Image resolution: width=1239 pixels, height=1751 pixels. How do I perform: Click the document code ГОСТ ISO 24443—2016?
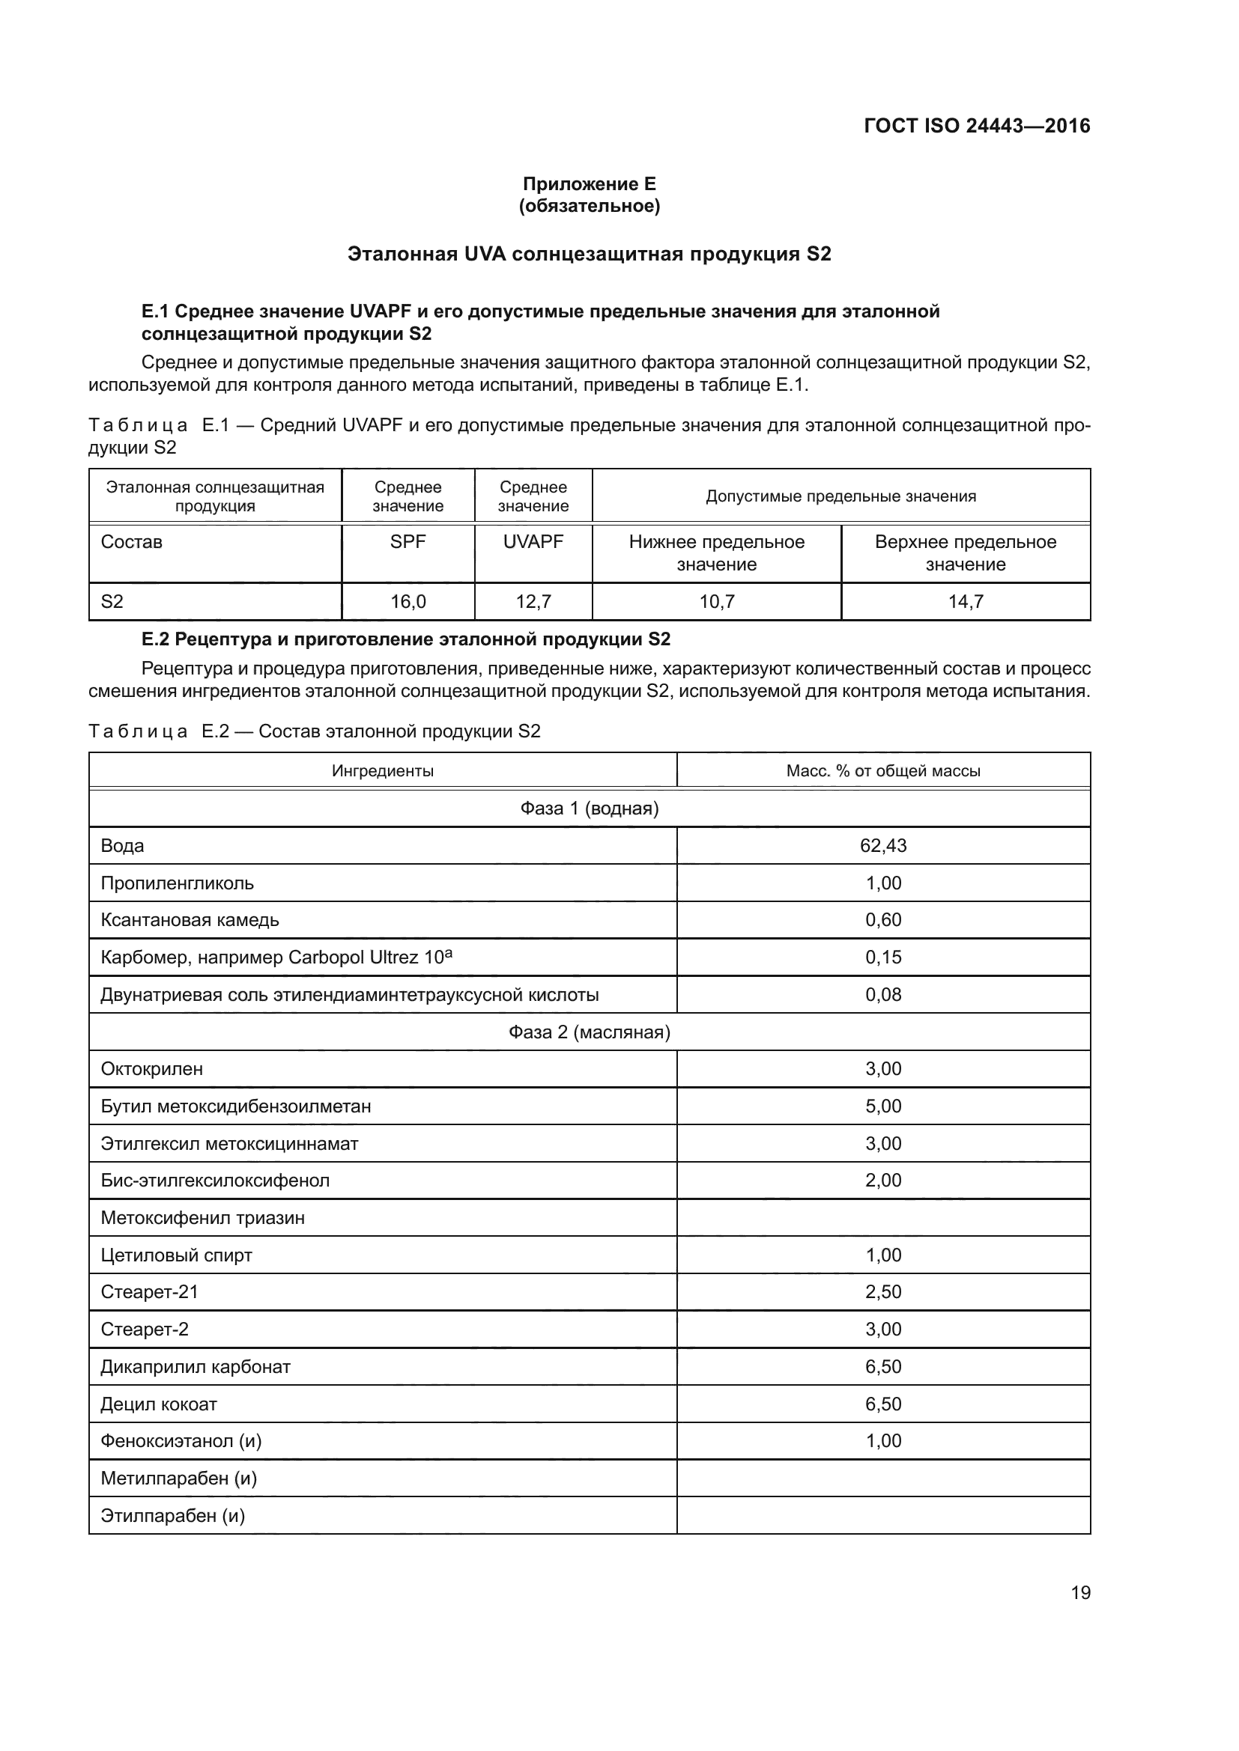pyautogui.click(x=977, y=126)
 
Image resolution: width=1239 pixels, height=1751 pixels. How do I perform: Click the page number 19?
pyautogui.click(x=1080, y=1592)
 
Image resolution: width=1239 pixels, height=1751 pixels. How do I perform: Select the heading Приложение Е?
pyautogui.click(x=589, y=184)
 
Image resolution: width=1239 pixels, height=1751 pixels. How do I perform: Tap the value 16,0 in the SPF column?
pyautogui.click(x=408, y=602)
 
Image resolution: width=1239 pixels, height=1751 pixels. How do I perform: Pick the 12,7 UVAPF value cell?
pyautogui.click(x=533, y=602)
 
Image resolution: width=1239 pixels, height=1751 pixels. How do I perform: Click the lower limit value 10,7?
pyautogui.click(x=716, y=602)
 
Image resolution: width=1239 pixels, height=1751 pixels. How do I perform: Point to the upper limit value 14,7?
pyautogui.click(x=965, y=602)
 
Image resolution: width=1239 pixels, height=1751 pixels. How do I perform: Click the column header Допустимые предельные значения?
pyautogui.click(x=840, y=496)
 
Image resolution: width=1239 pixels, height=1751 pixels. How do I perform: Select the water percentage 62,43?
pyautogui.click(x=882, y=846)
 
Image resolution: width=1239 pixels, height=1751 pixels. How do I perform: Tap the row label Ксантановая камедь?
pyautogui.click(x=190, y=920)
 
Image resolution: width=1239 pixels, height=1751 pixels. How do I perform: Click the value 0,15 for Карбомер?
pyautogui.click(x=882, y=957)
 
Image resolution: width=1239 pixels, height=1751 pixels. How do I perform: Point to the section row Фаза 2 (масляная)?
pyautogui.click(x=589, y=1032)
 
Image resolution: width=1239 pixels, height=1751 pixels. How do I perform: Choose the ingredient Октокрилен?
pyautogui.click(x=152, y=1069)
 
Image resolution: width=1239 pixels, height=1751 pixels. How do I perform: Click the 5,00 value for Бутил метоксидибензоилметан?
pyautogui.click(x=882, y=1106)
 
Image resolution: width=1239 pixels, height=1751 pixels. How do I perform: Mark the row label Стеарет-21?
pyautogui.click(x=150, y=1292)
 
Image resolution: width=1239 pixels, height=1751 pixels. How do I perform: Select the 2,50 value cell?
pyautogui.click(x=882, y=1292)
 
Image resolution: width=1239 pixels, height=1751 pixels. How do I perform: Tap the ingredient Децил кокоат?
pyautogui.click(x=159, y=1404)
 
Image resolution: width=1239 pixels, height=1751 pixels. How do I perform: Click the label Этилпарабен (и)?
pyautogui.click(x=172, y=1515)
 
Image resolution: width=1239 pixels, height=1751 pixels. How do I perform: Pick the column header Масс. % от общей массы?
pyautogui.click(x=882, y=771)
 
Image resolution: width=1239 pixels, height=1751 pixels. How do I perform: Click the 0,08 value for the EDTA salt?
pyautogui.click(x=882, y=994)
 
